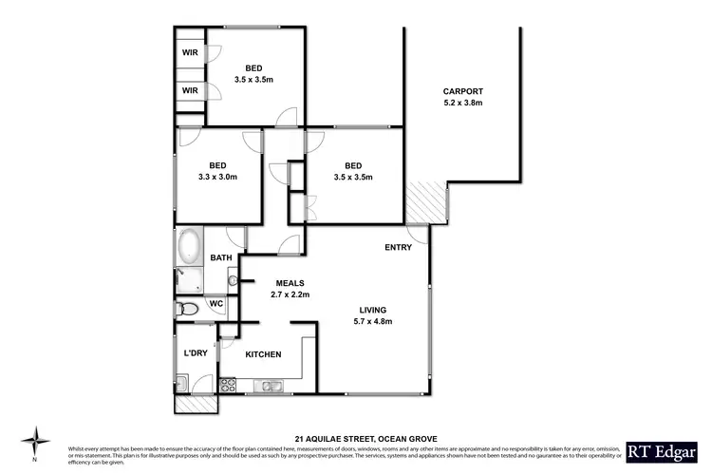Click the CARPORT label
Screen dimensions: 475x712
click(462, 91)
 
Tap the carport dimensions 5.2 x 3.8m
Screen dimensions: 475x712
click(462, 103)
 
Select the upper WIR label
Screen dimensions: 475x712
click(189, 54)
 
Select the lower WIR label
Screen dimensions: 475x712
click(189, 91)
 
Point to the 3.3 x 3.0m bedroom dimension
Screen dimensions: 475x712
click(217, 177)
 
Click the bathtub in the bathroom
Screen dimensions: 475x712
click(188, 246)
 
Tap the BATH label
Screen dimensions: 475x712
click(220, 257)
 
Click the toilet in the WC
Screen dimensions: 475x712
click(187, 308)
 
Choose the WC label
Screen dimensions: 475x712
click(215, 304)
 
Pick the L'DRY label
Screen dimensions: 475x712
click(196, 354)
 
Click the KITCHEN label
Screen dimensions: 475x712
click(263, 354)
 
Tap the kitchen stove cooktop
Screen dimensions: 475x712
click(228, 385)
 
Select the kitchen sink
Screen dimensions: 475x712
click(271, 385)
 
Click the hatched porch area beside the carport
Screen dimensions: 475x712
click(423, 201)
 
